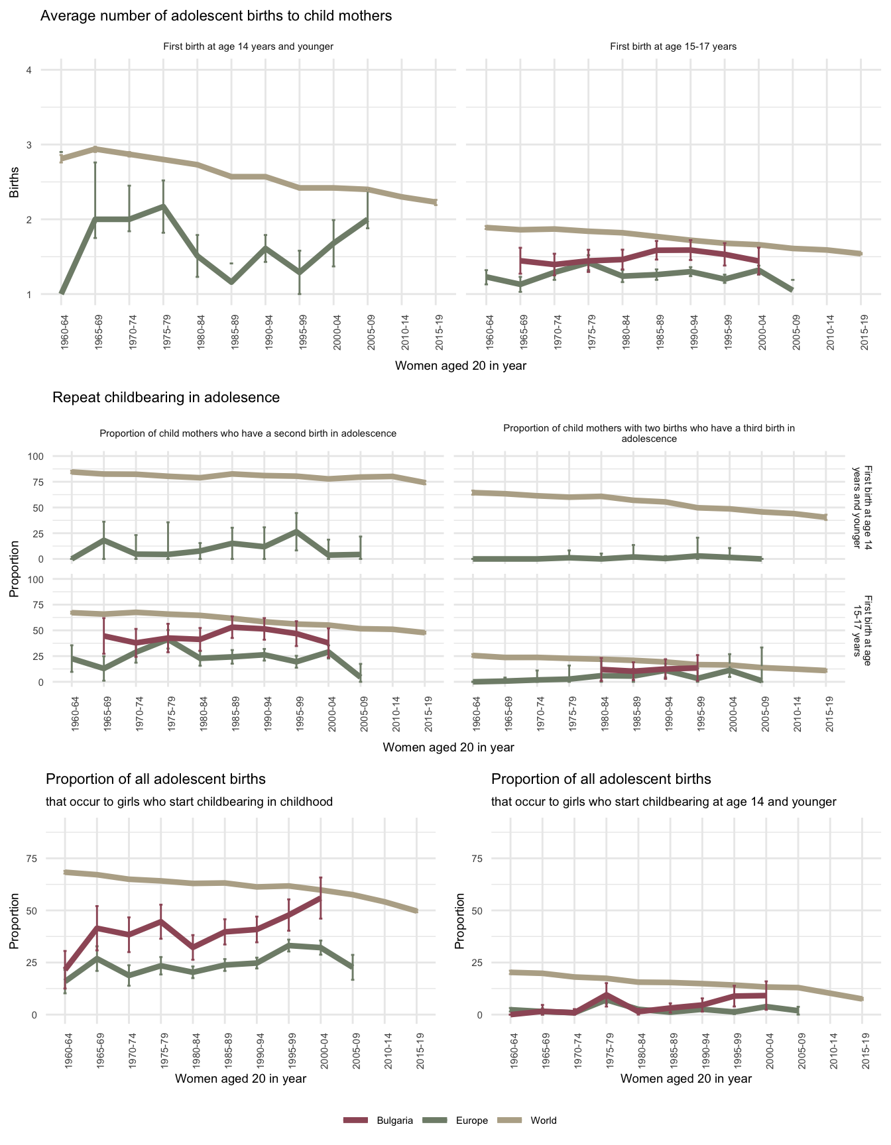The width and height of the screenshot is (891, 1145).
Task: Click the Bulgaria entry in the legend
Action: tap(394, 1120)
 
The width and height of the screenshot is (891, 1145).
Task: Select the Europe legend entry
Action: tap(471, 1120)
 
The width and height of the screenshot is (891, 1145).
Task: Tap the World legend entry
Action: tap(544, 1120)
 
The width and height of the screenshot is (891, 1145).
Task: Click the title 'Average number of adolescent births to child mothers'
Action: tap(216, 16)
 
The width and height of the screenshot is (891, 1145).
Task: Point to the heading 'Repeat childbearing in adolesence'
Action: tap(166, 398)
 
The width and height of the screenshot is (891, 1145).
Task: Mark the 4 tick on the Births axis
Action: tap(29, 70)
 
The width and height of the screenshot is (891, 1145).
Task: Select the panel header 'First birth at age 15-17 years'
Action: tap(673, 47)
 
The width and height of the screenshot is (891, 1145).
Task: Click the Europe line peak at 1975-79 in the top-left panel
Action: tap(163, 206)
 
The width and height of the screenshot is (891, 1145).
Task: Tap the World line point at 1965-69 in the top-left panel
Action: tap(95, 149)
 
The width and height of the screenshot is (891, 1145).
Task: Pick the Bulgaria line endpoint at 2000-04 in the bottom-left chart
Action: tap(321, 898)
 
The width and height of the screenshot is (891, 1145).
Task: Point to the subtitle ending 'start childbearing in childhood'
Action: tap(189, 802)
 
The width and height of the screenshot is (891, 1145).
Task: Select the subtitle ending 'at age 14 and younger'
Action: tap(664, 802)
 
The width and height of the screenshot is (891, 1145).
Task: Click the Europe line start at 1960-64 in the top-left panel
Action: tap(61, 292)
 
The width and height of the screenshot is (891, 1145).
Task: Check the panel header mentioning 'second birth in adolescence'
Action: tap(248, 433)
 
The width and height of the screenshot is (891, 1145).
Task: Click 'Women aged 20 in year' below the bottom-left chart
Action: tap(240, 1079)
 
